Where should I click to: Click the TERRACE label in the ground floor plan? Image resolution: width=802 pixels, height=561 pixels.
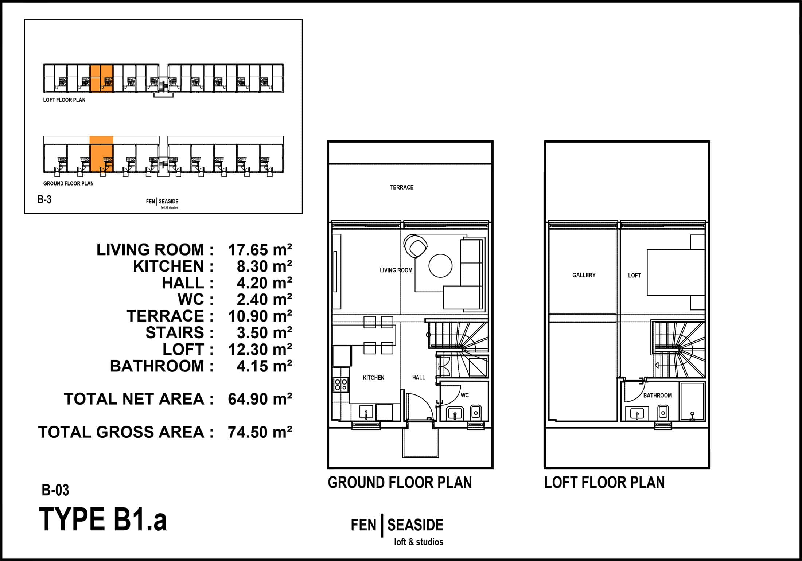[x=402, y=187]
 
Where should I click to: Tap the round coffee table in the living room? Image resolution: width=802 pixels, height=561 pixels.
[x=440, y=266]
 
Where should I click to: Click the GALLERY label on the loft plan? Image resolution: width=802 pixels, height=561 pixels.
[x=584, y=275]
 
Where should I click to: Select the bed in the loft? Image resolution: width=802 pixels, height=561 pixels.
[x=676, y=272]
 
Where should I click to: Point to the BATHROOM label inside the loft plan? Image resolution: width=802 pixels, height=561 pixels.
[x=657, y=396]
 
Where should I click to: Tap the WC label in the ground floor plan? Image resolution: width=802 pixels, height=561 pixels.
[x=464, y=395]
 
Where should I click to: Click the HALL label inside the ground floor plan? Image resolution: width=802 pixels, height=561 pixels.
[x=418, y=378]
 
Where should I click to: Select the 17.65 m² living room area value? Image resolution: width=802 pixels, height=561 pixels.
[x=260, y=250]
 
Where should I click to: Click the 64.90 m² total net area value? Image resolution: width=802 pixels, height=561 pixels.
[x=260, y=399]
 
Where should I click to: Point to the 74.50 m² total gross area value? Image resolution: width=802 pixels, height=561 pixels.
[x=260, y=432]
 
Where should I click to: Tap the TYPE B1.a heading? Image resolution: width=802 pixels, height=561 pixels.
[x=103, y=519]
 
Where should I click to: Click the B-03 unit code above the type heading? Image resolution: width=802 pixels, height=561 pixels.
[x=55, y=490]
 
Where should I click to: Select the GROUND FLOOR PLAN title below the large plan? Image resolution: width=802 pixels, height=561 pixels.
[x=400, y=483]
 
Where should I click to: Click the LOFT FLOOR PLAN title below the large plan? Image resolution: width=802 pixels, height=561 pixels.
[x=604, y=483]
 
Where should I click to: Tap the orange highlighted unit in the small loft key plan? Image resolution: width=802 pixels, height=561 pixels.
[x=101, y=78]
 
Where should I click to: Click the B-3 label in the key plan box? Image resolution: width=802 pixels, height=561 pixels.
[x=44, y=199]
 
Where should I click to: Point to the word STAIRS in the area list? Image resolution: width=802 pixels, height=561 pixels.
[x=175, y=333]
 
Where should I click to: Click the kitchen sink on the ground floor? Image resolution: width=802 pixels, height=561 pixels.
[x=366, y=413]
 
